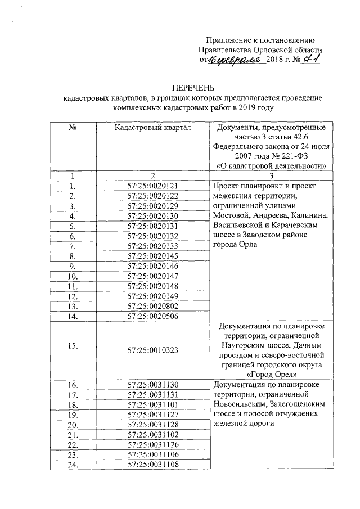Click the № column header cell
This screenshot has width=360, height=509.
[73, 128]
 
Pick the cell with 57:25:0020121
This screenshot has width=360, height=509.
[152, 186]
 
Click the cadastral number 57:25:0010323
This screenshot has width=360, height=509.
[152, 349]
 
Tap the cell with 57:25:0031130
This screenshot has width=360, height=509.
[152, 385]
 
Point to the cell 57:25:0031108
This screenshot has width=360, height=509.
[152, 464]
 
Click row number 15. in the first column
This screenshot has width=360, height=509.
[73, 345]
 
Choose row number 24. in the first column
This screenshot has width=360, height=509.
[73, 465]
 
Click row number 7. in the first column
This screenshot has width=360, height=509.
[73, 246]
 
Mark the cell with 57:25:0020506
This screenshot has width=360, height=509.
[152, 316]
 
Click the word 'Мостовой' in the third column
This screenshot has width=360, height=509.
[231, 215]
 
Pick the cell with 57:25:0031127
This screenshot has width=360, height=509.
[152, 415]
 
